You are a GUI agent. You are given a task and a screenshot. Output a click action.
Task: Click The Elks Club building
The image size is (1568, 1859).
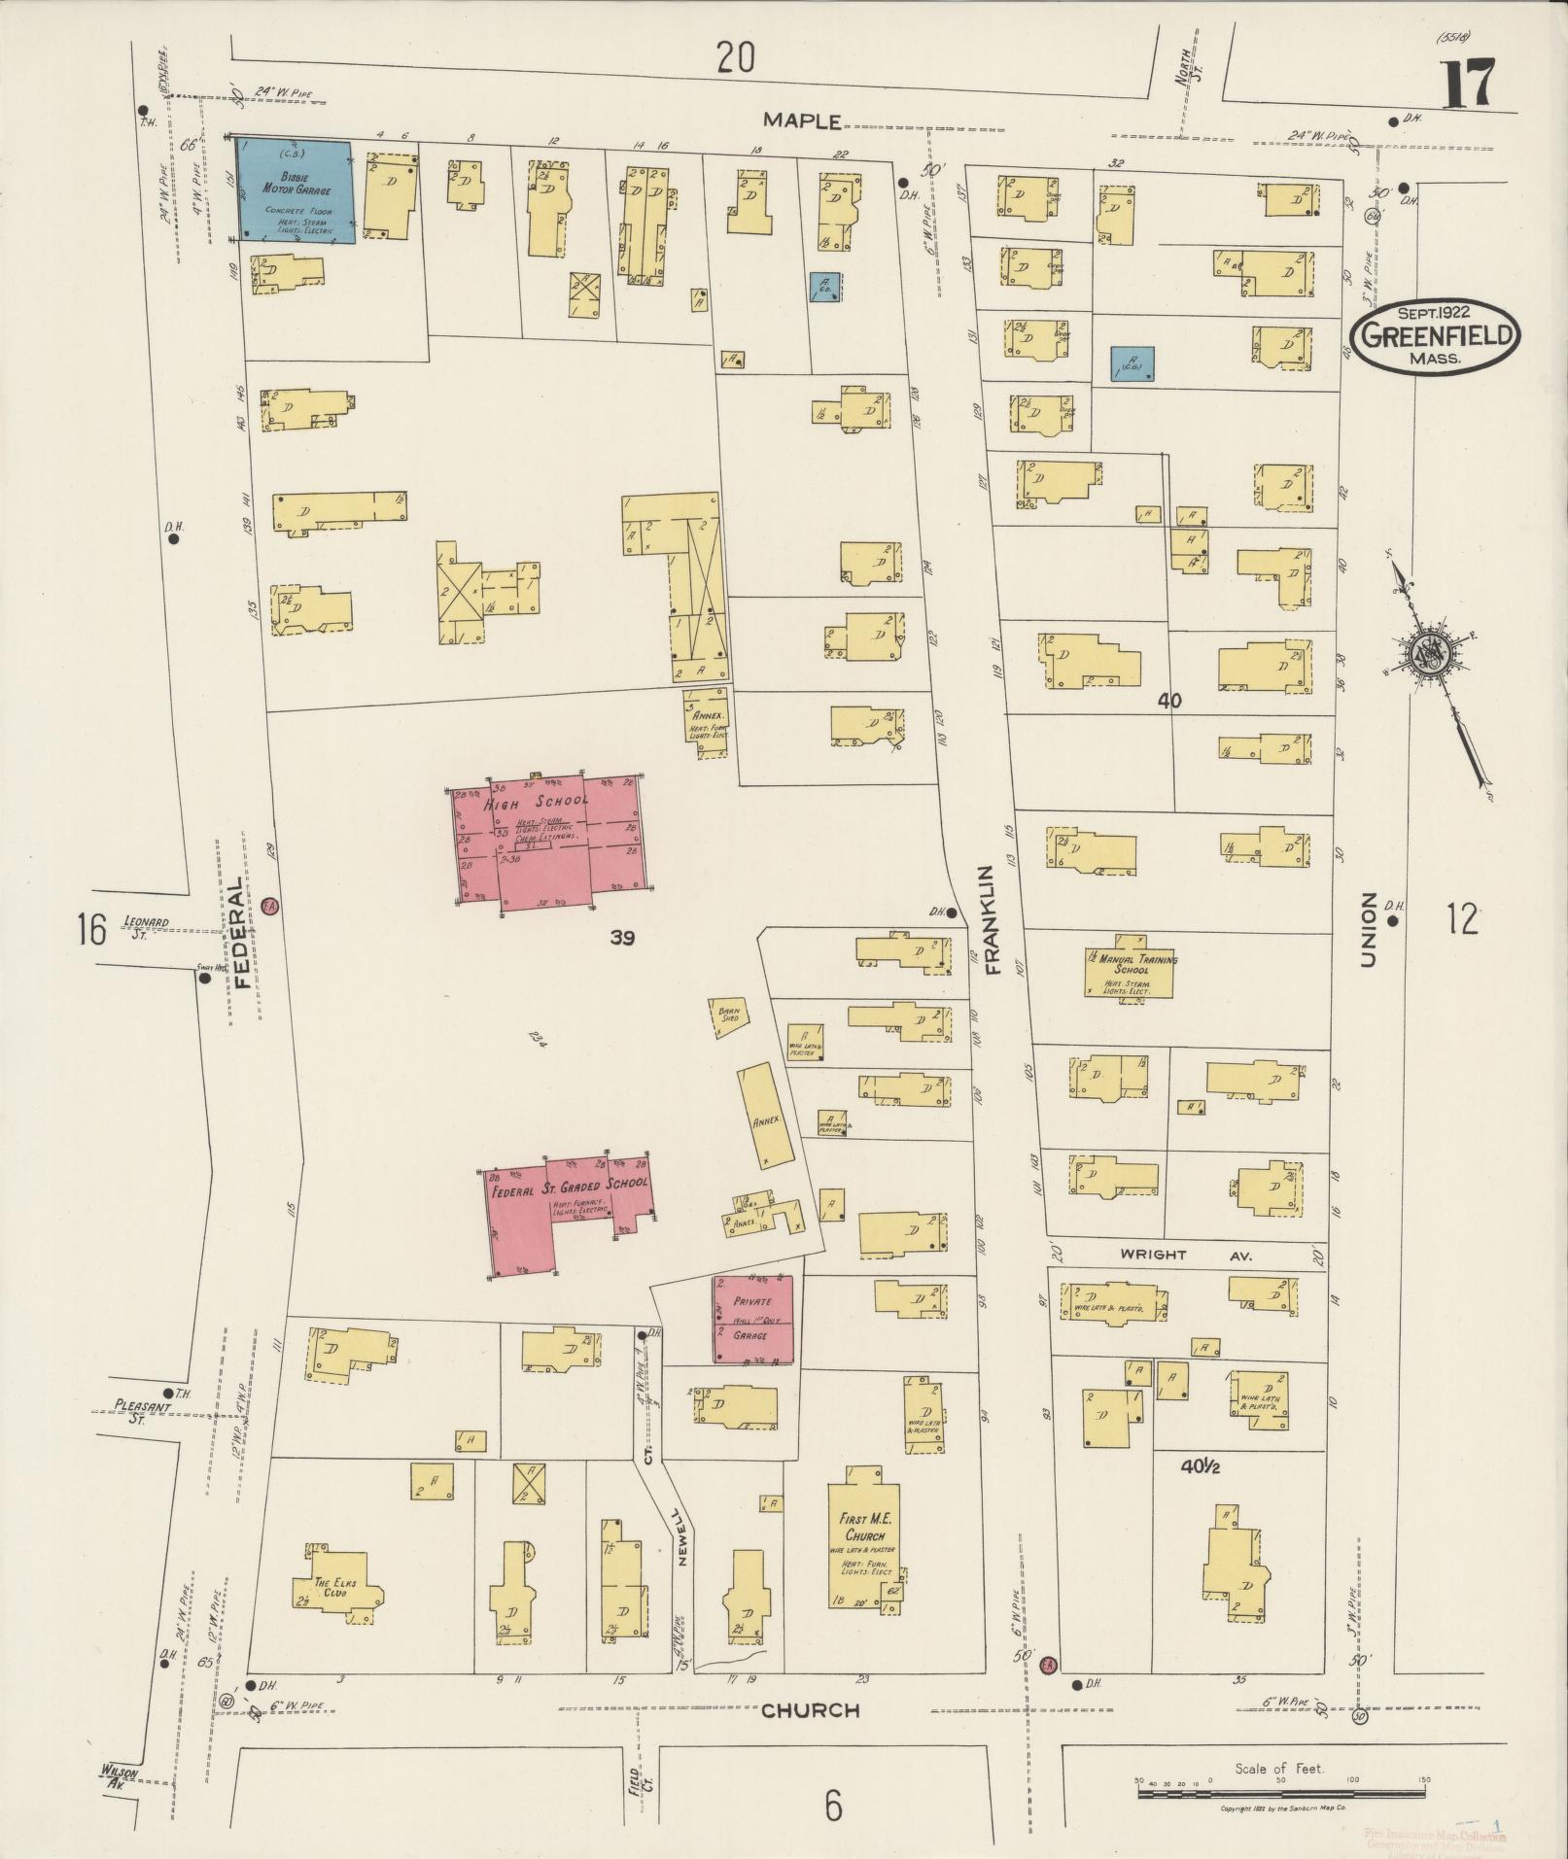335,1588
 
